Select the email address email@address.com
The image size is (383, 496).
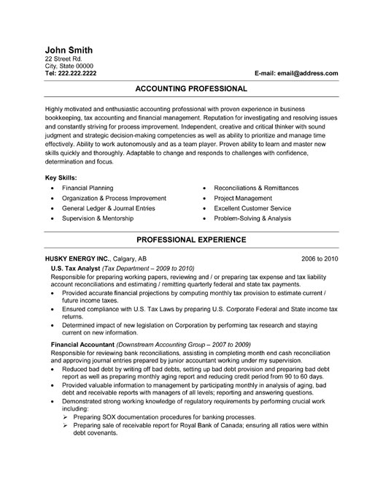click(x=309, y=74)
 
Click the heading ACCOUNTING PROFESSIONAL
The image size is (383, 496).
click(x=191, y=88)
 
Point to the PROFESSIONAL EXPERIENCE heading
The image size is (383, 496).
click(x=191, y=240)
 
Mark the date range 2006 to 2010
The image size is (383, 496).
click(x=320, y=259)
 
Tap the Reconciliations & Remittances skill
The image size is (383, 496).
click(x=256, y=188)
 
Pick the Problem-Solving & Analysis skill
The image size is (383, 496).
click(x=257, y=218)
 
